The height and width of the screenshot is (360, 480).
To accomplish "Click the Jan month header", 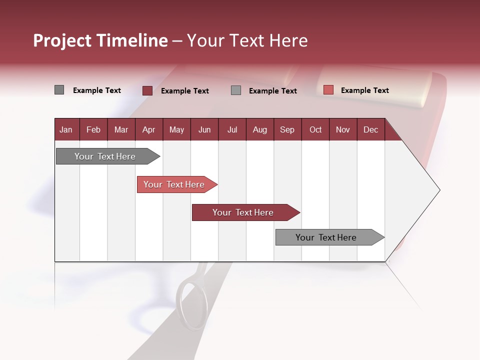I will [x=66, y=129].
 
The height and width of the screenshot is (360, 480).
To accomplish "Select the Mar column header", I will [x=121, y=129].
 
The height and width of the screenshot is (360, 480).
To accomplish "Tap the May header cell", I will [x=176, y=129].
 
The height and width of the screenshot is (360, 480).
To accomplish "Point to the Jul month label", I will [x=232, y=129].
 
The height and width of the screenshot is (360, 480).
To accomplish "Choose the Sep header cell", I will [x=287, y=129].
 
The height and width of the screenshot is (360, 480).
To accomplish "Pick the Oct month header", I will [x=315, y=129].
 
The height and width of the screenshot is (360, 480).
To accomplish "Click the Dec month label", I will [x=370, y=129].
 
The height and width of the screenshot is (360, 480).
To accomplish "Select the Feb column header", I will [x=93, y=129].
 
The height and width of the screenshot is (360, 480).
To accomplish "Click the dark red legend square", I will [x=147, y=90].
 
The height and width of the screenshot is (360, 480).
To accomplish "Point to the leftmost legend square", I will [x=59, y=90].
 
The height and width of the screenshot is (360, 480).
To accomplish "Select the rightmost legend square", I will [x=328, y=90].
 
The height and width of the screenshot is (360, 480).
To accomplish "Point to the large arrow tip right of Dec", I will [x=430, y=190].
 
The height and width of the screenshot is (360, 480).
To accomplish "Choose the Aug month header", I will [x=259, y=129].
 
